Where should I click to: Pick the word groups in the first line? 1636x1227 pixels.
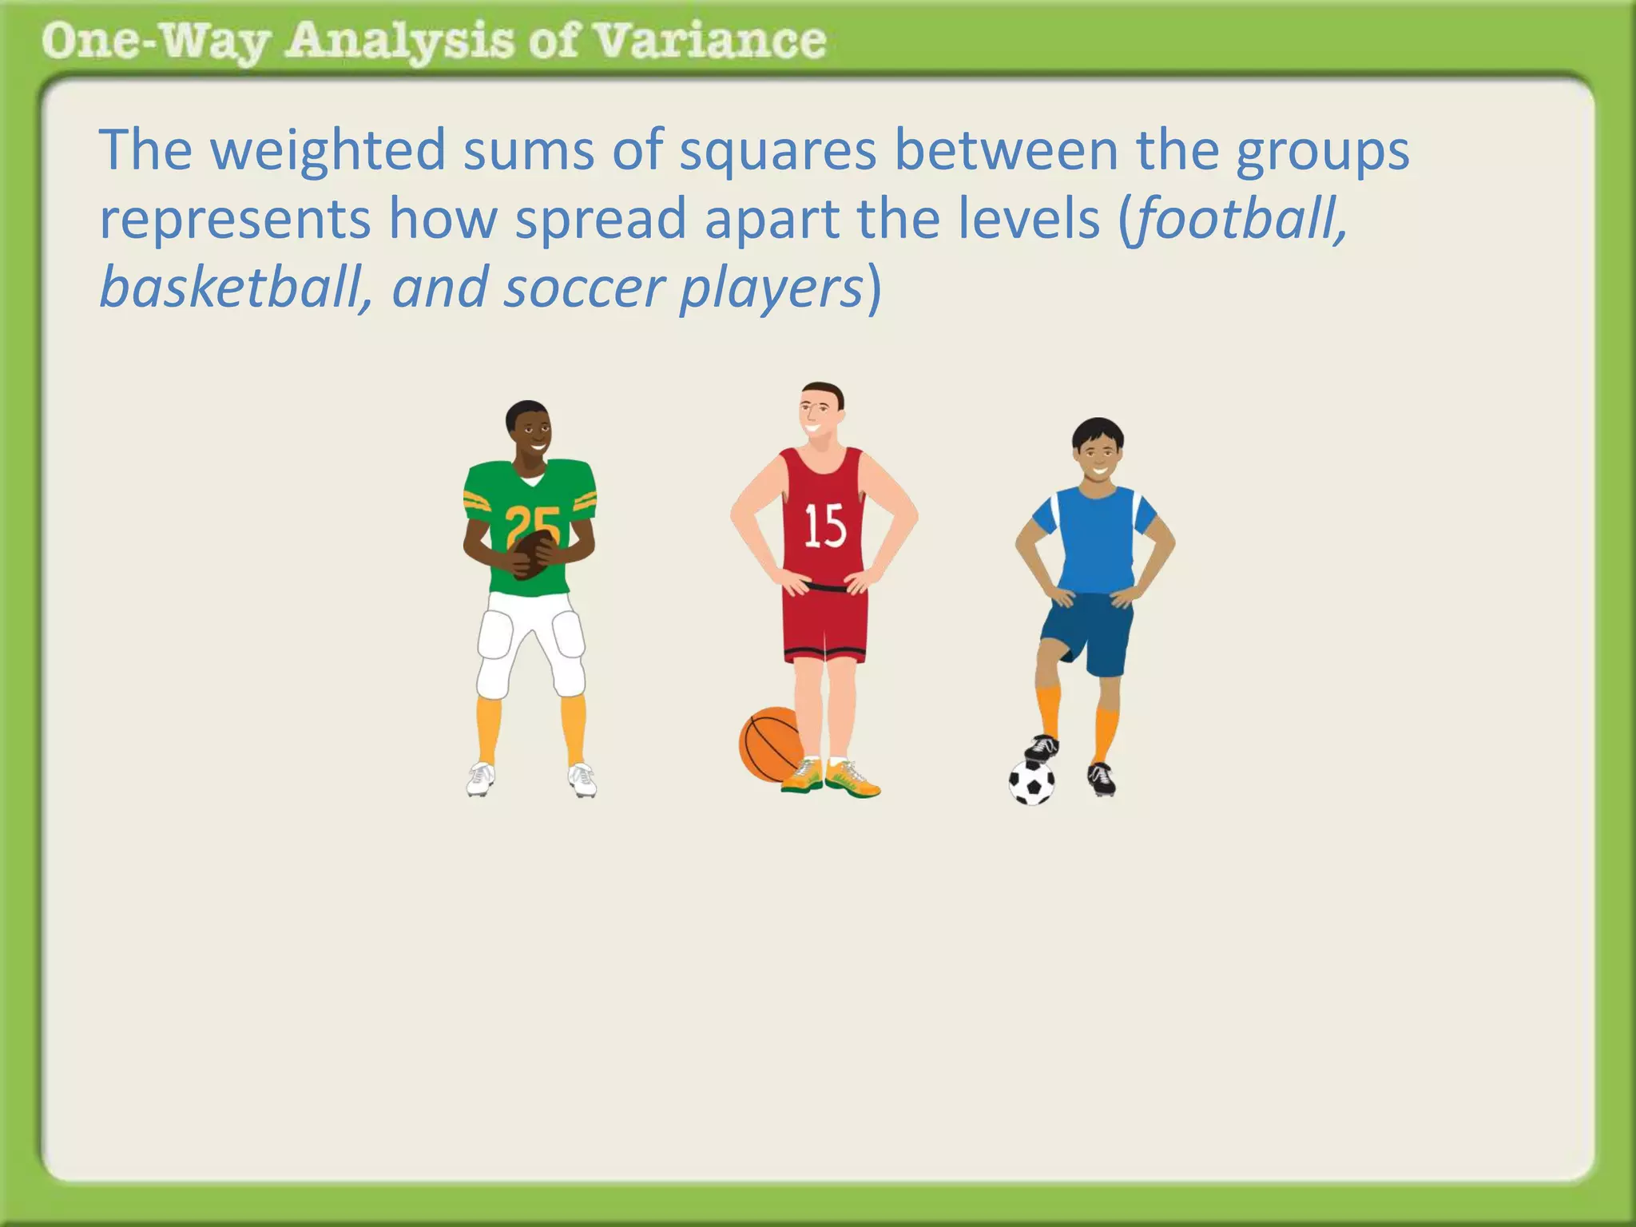pos(1322,152)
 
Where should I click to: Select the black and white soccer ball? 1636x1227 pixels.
pos(1031,783)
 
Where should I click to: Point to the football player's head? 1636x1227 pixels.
pos(528,431)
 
